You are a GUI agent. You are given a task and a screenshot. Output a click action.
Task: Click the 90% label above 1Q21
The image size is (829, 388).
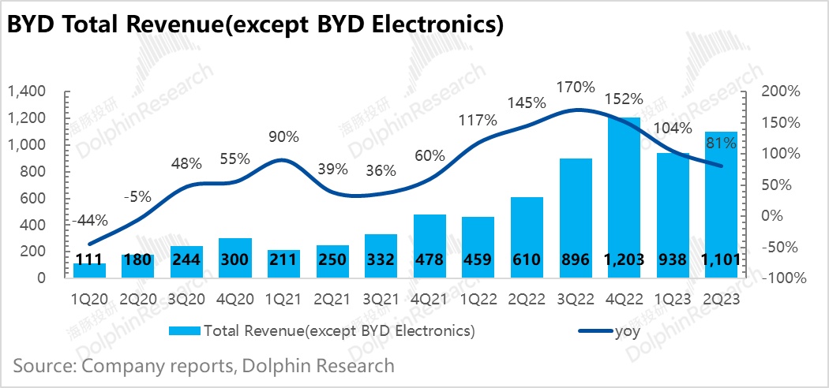coord(283,136)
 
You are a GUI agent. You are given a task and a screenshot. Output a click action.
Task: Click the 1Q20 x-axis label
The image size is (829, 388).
coord(91,299)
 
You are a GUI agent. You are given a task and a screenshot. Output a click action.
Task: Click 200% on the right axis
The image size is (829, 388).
coord(782,92)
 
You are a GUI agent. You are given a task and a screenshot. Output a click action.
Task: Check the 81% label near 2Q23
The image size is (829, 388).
coord(722,144)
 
